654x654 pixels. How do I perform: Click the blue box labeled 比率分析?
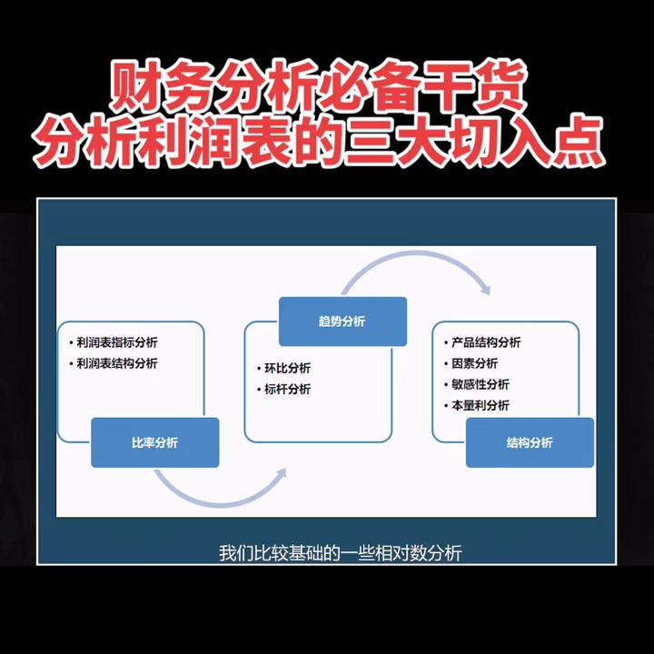(x=154, y=442)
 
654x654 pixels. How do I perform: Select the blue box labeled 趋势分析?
(x=342, y=322)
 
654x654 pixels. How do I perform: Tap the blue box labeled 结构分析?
(x=530, y=442)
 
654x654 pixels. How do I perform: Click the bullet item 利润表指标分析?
(x=117, y=342)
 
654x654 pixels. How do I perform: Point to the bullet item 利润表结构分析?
(x=117, y=363)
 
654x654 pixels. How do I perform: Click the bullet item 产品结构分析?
(x=486, y=342)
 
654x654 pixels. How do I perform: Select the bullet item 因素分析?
(x=474, y=363)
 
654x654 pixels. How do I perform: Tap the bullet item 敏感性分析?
(x=481, y=384)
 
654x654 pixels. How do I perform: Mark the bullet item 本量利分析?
(x=481, y=405)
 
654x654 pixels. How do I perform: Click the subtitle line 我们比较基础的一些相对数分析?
(x=341, y=552)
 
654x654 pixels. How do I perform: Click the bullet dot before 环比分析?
(x=258, y=369)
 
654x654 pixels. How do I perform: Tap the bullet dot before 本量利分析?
(x=446, y=405)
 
